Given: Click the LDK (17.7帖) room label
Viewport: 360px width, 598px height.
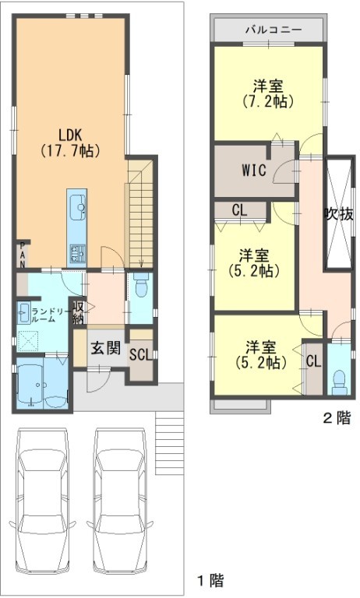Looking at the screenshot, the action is (71, 142).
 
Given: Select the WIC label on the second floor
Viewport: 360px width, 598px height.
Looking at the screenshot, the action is (254, 170).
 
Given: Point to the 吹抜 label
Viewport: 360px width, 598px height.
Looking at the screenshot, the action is (338, 214).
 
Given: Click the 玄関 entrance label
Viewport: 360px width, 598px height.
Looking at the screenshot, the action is (106, 348).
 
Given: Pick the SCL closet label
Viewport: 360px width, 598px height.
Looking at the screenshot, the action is (141, 355).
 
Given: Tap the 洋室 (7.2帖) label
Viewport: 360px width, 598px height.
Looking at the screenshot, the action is (268, 93).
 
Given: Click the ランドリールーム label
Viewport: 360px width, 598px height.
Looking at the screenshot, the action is (48, 315).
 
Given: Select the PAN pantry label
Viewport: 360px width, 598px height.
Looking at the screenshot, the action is (23, 255).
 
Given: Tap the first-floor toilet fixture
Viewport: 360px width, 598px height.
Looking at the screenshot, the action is (140, 285).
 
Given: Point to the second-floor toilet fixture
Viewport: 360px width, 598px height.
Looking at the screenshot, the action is (339, 383).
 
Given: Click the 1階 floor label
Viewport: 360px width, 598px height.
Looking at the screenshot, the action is (210, 581).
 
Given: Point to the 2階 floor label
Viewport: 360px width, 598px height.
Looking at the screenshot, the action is (337, 418).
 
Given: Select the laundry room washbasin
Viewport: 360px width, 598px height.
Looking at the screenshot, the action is (23, 313).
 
